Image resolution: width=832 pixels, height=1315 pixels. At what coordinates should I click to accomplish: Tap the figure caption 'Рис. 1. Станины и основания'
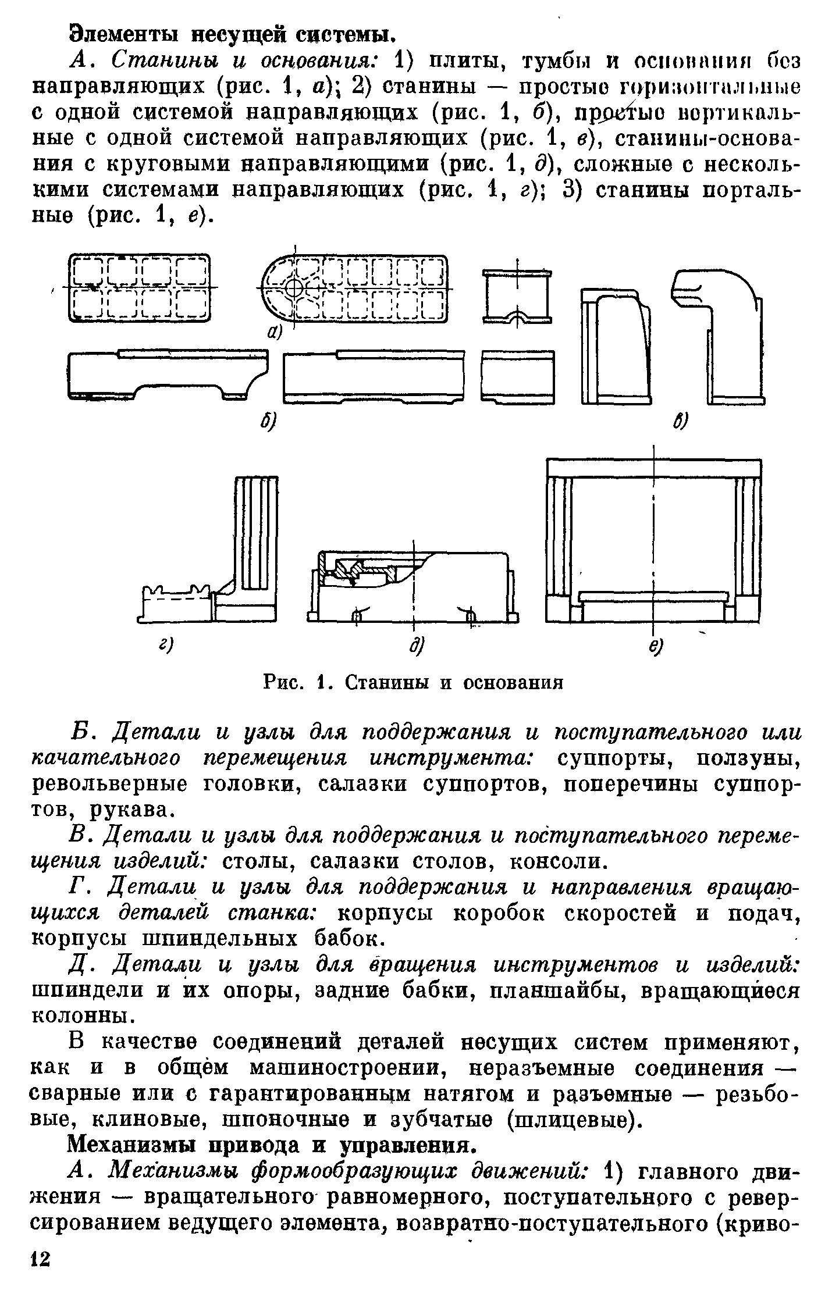(414, 682)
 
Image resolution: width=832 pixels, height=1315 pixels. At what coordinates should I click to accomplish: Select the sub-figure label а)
(274, 332)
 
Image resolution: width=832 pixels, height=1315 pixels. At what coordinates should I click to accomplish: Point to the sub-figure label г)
(168, 645)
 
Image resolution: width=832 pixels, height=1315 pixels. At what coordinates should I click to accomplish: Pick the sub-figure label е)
(656, 646)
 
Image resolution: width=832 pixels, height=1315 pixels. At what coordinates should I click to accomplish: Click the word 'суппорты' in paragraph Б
(619, 758)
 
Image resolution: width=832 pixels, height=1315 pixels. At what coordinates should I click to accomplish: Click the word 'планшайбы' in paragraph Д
(558, 990)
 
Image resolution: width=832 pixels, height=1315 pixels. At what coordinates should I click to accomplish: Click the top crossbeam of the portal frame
(654, 467)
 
